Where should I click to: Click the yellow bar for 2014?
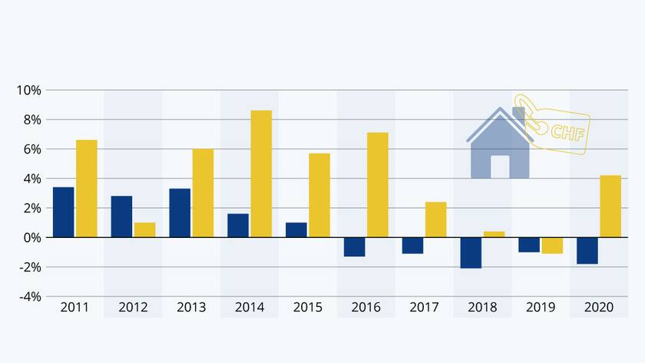pyautogui.click(x=261, y=173)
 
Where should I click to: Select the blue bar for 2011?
pyautogui.click(x=63, y=212)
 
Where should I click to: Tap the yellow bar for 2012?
pyautogui.click(x=144, y=229)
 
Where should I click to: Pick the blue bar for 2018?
pyautogui.click(x=471, y=252)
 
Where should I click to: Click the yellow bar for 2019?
pyautogui.click(x=552, y=246)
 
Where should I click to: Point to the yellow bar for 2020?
pyautogui.click(x=610, y=206)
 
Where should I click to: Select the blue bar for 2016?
pyautogui.click(x=354, y=246)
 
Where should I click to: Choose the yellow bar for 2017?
pyautogui.click(x=435, y=219)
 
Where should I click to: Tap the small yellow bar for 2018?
pyautogui.click(x=494, y=234)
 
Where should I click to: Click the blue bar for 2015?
pyautogui.click(x=296, y=229)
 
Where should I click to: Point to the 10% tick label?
pyautogui.click(x=28, y=91)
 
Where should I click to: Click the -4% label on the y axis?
pyautogui.click(x=28, y=296)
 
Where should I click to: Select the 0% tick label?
pyautogui.click(x=31, y=238)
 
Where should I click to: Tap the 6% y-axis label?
pyautogui.click(x=31, y=150)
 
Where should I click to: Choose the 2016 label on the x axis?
pyautogui.click(x=365, y=308)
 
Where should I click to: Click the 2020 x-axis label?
pyautogui.click(x=598, y=308)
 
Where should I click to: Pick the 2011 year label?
pyautogui.click(x=74, y=308)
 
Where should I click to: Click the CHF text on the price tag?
pyautogui.click(x=567, y=132)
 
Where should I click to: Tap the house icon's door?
pyautogui.click(x=500, y=167)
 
